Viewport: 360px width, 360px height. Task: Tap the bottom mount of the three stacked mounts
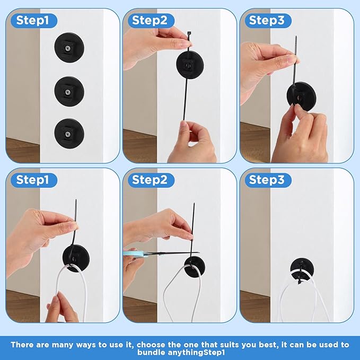tap(68, 130)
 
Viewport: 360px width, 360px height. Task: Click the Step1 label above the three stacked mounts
tap(33, 21)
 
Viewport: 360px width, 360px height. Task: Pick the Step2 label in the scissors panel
tap(150, 180)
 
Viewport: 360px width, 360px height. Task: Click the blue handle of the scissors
tap(132, 254)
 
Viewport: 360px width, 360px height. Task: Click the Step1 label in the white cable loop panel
tap(33, 180)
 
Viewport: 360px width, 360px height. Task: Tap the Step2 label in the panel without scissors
tap(150, 21)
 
